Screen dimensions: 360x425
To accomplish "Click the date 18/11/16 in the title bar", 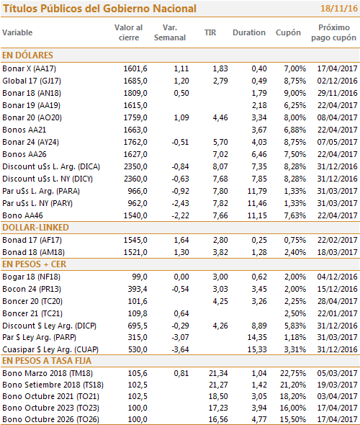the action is (339, 9).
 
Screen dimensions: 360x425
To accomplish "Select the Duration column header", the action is (249, 32).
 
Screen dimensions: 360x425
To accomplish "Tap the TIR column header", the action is (210, 32).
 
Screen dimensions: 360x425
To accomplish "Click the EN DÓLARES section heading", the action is (27, 55).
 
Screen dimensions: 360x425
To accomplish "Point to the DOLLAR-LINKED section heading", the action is (35, 228).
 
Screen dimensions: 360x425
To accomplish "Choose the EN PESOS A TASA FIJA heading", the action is (47, 361).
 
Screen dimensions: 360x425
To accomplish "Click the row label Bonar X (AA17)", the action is (30, 68).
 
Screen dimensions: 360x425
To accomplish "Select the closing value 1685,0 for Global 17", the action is (135, 81).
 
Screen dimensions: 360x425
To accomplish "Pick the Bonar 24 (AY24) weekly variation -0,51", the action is (180, 142).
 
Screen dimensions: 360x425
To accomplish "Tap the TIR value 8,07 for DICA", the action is (220, 166).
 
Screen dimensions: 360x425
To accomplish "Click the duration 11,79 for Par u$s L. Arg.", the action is (257, 191).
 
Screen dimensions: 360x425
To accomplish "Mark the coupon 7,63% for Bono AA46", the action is (295, 215).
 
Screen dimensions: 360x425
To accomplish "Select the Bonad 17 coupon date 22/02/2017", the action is (338, 240).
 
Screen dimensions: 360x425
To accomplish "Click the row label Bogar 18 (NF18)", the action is (32, 277).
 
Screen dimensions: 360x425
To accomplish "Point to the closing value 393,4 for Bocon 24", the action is (138, 289).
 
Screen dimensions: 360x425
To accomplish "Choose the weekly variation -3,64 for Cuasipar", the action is (180, 349).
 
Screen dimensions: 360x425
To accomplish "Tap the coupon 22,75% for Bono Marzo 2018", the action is (293, 373).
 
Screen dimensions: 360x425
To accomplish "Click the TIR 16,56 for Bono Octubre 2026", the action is (218, 419).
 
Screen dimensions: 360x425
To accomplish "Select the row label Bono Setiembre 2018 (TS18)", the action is (53, 385).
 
